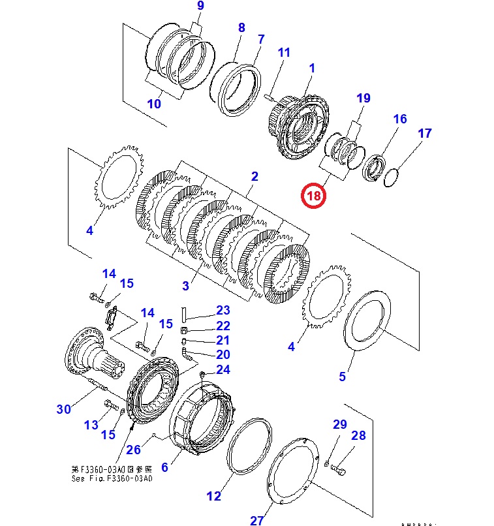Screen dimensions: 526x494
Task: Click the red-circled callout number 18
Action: click(313, 195)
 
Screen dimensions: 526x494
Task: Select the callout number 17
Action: click(425, 134)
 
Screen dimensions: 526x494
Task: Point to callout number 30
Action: click(63, 409)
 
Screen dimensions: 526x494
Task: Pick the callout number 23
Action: click(223, 310)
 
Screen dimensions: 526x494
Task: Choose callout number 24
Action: click(223, 370)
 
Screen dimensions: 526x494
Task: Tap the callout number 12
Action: click(214, 496)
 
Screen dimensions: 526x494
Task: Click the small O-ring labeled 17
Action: click(392, 177)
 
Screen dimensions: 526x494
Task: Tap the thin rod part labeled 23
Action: click(185, 313)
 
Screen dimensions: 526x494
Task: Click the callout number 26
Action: click(133, 449)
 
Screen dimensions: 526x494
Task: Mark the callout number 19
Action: click(363, 99)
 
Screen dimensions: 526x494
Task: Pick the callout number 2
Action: click(255, 176)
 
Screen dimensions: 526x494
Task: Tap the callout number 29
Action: click(340, 425)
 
